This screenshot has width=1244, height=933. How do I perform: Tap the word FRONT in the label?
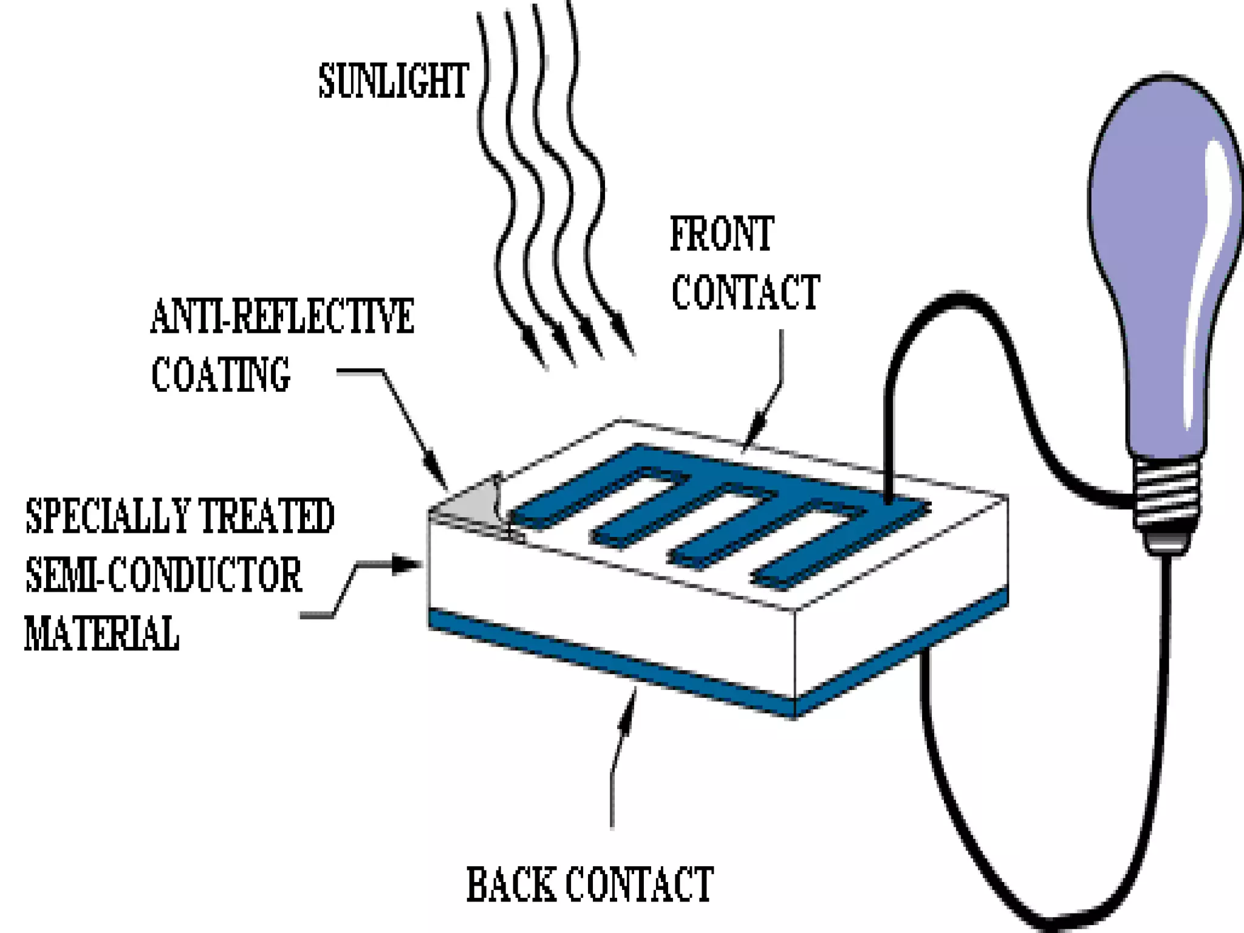(x=722, y=234)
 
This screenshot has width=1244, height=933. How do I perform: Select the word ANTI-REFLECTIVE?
(x=282, y=316)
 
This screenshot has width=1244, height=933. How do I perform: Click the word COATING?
(x=220, y=374)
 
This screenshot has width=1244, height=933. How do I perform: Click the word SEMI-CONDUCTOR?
(x=163, y=575)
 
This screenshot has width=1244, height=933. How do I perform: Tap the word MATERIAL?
(x=101, y=634)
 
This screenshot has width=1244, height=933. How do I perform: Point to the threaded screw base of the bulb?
(x=1167, y=492)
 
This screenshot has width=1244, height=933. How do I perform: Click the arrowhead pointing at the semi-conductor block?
(x=406, y=564)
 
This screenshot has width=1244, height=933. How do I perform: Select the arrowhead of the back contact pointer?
(x=629, y=705)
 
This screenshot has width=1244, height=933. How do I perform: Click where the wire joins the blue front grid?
(x=887, y=501)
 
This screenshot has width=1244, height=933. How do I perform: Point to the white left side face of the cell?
(x=607, y=601)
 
